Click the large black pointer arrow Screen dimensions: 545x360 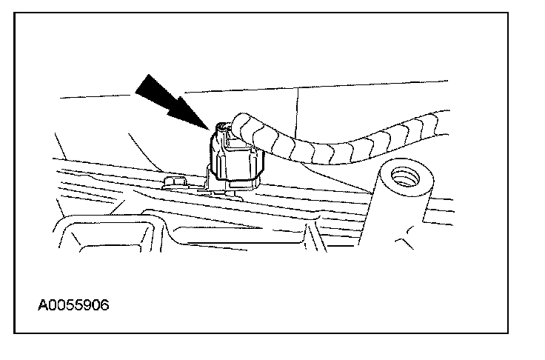click(173, 98)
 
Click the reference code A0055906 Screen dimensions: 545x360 click(73, 304)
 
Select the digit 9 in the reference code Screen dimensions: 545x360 click(87, 304)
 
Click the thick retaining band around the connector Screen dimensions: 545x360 click(238, 176)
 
